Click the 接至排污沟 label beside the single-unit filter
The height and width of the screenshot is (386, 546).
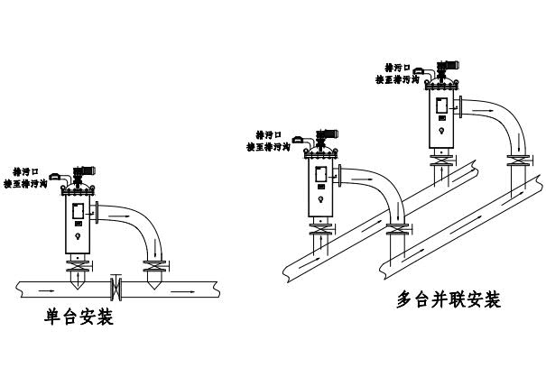point(31,183)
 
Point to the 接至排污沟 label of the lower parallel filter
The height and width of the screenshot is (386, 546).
point(268,146)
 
